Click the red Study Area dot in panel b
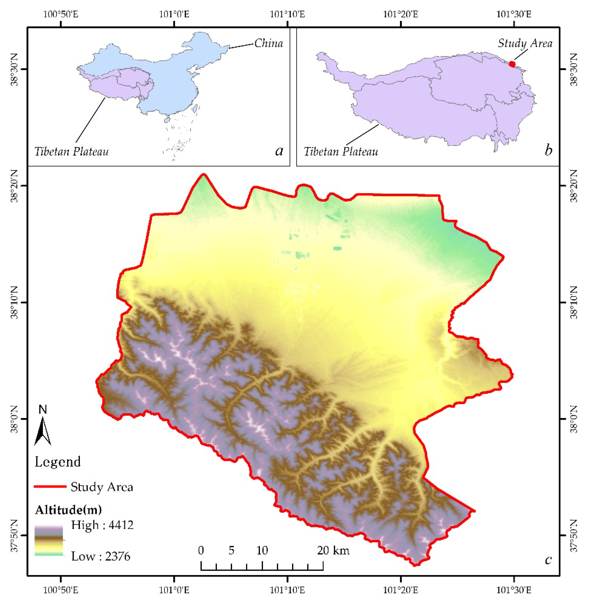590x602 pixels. click(x=512, y=64)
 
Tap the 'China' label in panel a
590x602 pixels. click(x=269, y=43)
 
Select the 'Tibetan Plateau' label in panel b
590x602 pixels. click(x=341, y=152)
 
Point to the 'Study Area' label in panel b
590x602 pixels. click(x=525, y=43)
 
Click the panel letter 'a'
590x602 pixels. click(x=279, y=151)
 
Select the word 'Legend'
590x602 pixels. click(x=58, y=462)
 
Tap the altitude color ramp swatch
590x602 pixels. click(x=49, y=541)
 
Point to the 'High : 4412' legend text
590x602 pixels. click(x=102, y=525)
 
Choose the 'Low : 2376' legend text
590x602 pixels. click(x=101, y=556)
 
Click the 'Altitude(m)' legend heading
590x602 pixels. click(x=69, y=510)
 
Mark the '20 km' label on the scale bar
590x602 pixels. click(x=333, y=550)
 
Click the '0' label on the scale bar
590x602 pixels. click(x=201, y=550)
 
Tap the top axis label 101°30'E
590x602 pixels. click(x=514, y=15)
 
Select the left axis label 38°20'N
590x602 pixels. click(x=15, y=186)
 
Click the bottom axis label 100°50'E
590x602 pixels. click(x=61, y=590)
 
